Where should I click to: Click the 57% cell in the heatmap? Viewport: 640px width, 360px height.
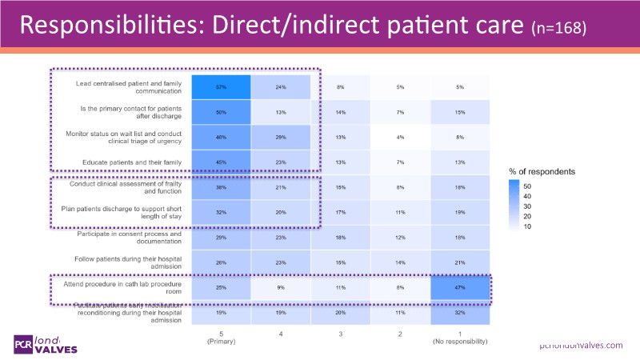(x=220, y=86)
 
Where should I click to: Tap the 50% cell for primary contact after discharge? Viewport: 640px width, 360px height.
(x=220, y=113)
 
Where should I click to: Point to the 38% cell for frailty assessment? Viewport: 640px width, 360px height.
(x=220, y=187)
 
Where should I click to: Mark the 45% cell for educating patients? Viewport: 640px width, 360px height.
(x=220, y=162)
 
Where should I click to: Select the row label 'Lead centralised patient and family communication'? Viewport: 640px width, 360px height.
(x=130, y=86)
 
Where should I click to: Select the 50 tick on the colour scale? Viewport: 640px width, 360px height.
(x=538, y=187)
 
